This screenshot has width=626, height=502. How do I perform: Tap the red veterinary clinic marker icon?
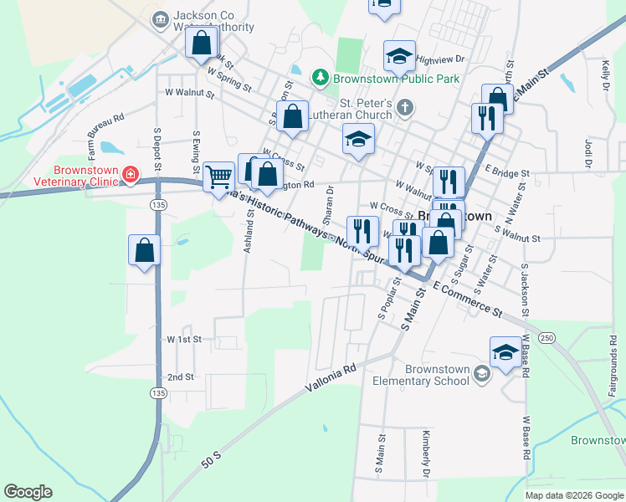130,174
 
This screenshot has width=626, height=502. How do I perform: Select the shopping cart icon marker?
218,177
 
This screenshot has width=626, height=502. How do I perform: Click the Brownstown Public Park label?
397,79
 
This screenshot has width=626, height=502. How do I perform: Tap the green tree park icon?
320,78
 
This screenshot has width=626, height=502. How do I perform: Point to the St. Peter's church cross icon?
405,106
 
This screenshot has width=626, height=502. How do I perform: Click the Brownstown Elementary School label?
437,375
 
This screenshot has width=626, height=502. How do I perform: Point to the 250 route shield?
546,336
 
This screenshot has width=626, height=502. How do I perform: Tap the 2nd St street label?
180,377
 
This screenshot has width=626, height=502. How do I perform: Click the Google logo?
28,492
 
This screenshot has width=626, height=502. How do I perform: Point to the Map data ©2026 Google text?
574,495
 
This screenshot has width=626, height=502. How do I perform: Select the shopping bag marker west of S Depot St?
144,250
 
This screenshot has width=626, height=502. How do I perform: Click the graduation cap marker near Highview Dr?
399,57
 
